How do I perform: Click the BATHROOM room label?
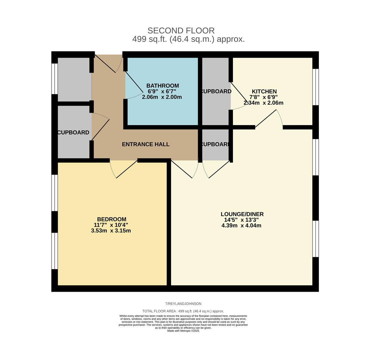click(162, 86)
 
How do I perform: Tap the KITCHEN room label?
click(264, 91)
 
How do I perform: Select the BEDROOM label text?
click(112, 219)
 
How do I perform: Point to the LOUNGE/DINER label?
click(242, 214)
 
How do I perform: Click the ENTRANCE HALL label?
click(145, 144)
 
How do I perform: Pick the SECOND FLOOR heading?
click(181, 31)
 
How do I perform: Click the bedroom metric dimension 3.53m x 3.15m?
click(111, 231)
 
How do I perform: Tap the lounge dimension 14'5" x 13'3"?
click(242, 220)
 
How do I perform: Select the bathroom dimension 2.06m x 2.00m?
click(162, 97)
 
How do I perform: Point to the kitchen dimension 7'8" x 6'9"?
click(264, 97)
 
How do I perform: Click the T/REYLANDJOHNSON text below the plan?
click(183, 304)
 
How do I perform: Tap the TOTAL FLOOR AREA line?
click(183, 311)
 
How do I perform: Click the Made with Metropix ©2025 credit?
click(183, 331)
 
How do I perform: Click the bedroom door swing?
click(124, 169)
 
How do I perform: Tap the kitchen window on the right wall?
click(316, 87)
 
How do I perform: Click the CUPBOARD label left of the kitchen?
click(216, 91)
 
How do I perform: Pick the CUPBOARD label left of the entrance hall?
click(73, 132)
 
